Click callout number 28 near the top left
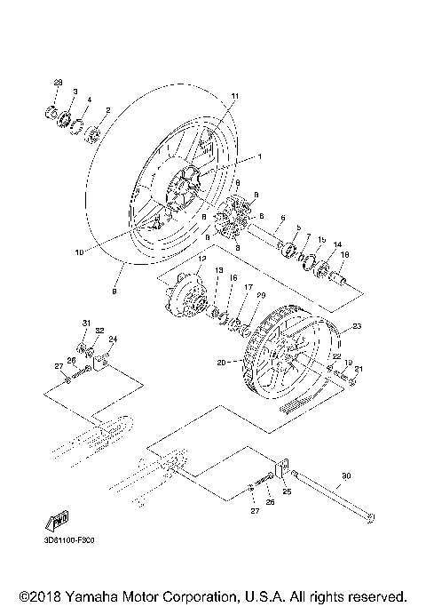[x=59, y=83]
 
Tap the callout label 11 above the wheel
[x=235, y=96]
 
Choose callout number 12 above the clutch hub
[x=201, y=259]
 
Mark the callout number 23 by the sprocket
[x=358, y=326]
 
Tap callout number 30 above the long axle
[x=346, y=475]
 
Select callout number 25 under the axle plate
[x=288, y=491]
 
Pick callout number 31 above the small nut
[x=87, y=322]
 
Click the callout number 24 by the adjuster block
[x=113, y=339]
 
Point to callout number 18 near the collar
[x=345, y=254]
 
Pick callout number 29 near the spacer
[x=260, y=295]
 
